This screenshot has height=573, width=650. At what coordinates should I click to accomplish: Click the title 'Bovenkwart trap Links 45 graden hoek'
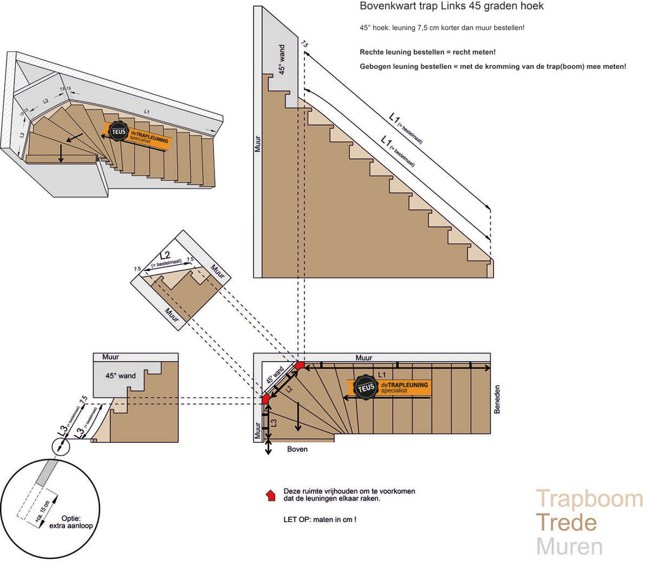(x=452, y=7)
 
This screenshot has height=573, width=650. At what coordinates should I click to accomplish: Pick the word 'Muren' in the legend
(x=569, y=546)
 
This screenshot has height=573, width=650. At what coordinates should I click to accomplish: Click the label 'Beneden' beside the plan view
(x=497, y=400)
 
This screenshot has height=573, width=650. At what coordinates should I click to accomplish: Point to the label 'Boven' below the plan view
(x=297, y=449)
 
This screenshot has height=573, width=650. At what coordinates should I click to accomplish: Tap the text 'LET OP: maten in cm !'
(x=320, y=519)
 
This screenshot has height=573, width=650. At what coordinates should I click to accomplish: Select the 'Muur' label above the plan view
(x=364, y=358)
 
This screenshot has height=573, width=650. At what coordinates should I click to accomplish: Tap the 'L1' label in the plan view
(x=381, y=375)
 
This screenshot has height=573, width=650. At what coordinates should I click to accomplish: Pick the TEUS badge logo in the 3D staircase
(x=117, y=132)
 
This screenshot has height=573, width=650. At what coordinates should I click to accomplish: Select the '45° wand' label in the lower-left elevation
(x=121, y=376)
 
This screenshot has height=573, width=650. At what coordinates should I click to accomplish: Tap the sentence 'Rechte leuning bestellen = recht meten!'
(x=427, y=53)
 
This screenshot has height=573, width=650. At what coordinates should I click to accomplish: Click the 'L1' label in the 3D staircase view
(x=146, y=112)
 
